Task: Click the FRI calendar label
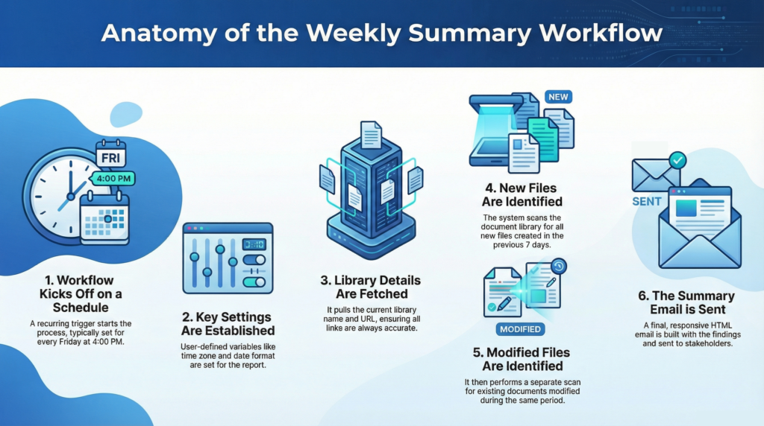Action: [x=110, y=157]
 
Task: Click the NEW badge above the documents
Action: [x=557, y=97]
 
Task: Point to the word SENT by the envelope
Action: [x=647, y=202]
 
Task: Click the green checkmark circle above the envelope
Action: [x=677, y=159]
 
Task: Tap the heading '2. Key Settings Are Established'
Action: [x=228, y=323]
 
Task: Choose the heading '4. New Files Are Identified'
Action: [x=522, y=194]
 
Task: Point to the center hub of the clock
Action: [x=71, y=196]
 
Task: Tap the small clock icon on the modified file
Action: [x=558, y=266]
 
